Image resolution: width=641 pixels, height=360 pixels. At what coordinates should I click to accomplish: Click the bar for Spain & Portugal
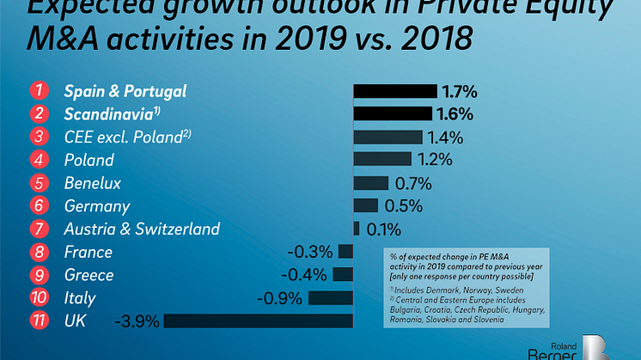pos(395,91)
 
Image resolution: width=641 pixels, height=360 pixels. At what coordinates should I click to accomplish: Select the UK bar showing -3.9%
pos(258,321)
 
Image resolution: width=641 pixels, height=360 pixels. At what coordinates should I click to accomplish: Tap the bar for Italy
pos(331,298)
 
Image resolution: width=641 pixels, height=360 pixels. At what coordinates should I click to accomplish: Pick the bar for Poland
pos(382,160)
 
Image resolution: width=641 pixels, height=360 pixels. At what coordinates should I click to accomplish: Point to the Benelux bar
pos(370,183)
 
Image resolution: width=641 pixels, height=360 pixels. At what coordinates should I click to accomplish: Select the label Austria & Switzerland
pos(142,229)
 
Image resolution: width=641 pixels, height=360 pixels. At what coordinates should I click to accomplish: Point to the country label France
pos(89,252)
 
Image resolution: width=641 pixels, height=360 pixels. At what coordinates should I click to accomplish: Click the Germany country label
pos(97,206)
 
